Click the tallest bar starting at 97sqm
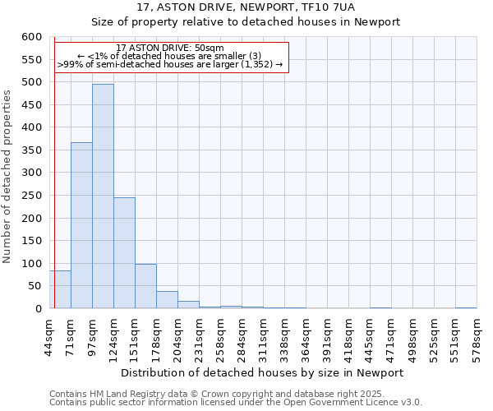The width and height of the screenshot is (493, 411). point(103,197)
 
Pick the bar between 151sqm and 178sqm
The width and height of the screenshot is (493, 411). point(145,286)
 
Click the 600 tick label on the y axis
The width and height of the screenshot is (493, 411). point(31,37)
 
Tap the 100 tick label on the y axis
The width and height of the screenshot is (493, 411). point(31,264)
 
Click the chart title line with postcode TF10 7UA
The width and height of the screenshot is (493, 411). point(246,7)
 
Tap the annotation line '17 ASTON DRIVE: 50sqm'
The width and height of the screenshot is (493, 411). point(170,48)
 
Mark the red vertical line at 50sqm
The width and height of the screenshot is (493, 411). point(54,164)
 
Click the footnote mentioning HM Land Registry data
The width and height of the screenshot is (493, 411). point(217,394)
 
